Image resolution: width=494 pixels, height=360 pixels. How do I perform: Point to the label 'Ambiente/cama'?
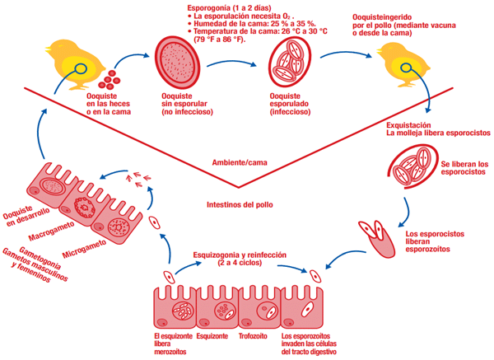coord(237,161)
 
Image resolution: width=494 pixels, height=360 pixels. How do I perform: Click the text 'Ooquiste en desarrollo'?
coord(23,217)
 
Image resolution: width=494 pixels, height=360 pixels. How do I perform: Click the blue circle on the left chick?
coord(83,68)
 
